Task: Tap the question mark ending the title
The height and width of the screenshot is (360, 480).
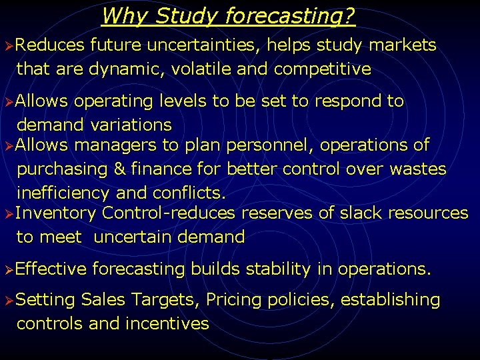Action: coord(349,15)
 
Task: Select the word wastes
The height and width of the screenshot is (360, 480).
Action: coord(417,169)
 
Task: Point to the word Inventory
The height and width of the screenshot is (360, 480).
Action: coord(56,213)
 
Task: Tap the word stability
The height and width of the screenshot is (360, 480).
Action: coord(277,269)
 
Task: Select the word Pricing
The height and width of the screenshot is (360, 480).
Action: coord(233,300)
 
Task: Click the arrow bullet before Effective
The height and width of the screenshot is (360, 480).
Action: coord(7,270)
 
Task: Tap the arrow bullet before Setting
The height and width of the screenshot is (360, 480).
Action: coord(7,301)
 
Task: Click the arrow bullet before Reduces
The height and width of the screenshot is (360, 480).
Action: coord(7,46)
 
